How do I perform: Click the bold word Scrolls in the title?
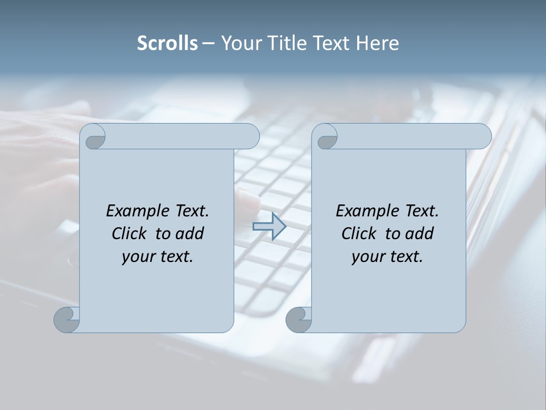click(167, 43)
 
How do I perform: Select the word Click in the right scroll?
click(359, 233)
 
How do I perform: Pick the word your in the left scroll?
click(138, 257)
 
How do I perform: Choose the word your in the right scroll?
click(367, 257)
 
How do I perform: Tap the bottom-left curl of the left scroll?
click(67, 319)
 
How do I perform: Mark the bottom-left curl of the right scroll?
click(299, 319)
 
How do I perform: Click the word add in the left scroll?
click(191, 233)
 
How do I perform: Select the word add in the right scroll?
click(420, 233)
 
